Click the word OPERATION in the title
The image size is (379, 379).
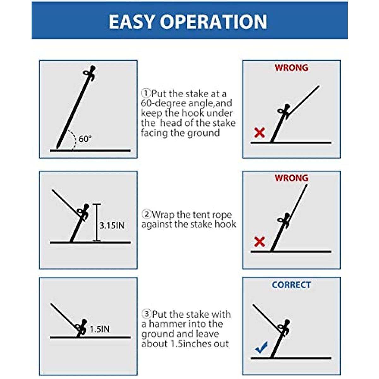tap(214, 22)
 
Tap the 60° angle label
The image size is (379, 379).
tap(85, 139)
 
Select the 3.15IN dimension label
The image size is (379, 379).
tap(112, 226)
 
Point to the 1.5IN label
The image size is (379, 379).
tap(99, 329)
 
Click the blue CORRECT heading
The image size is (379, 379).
tap(291, 285)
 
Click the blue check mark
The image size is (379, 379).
tap(262, 347)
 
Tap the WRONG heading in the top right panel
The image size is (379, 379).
tap(291, 68)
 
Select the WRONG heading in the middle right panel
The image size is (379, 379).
tap(291, 178)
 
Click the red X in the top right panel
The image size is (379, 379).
tap(259, 133)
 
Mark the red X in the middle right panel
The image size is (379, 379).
tap(259, 242)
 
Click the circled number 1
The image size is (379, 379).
tap(146, 93)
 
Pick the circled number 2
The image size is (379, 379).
tap(146, 214)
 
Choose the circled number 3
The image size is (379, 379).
tap(146, 314)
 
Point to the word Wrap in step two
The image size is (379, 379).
tap(163, 215)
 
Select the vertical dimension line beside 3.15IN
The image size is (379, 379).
tap(97, 223)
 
